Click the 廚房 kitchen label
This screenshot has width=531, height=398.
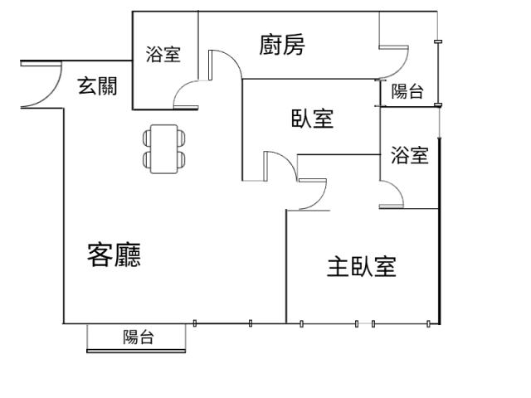(x=282, y=44)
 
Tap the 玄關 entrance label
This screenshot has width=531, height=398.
(x=98, y=86)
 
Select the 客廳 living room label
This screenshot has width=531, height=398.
(x=114, y=255)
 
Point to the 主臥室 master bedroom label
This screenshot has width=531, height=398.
(x=362, y=267)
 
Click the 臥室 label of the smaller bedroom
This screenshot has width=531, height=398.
(x=313, y=119)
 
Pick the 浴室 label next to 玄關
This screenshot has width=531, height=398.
(x=163, y=54)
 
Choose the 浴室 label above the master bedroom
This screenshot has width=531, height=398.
(x=410, y=155)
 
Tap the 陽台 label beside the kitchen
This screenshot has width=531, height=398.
(x=407, y=91)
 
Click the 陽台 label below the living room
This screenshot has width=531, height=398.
(x=139, y=337)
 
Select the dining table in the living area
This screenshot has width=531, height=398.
(x=164, y=149)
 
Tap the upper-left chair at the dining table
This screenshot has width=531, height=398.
(x=147, y=138)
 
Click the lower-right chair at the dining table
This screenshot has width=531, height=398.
(x=182, y=160)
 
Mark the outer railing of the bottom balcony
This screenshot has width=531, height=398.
(x=136, y=351)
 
